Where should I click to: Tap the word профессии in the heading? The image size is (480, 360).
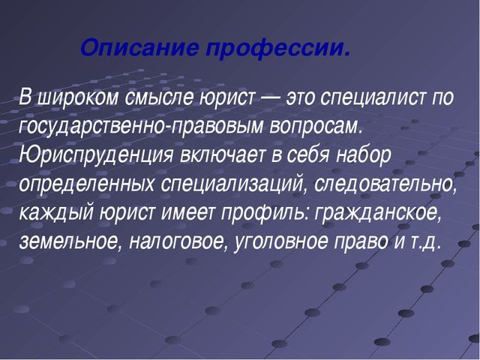tap(274, 49)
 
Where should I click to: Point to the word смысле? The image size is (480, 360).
tap(159, 97)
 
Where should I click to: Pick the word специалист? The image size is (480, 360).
tap(373, 98)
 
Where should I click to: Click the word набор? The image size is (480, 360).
tap(364, 155)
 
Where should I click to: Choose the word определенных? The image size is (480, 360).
tap(87, 185)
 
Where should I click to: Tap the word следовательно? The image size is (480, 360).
tap(385, 184)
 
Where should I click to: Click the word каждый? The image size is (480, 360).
tap(56, 214)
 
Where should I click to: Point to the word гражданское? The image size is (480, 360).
tap(378, 214)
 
